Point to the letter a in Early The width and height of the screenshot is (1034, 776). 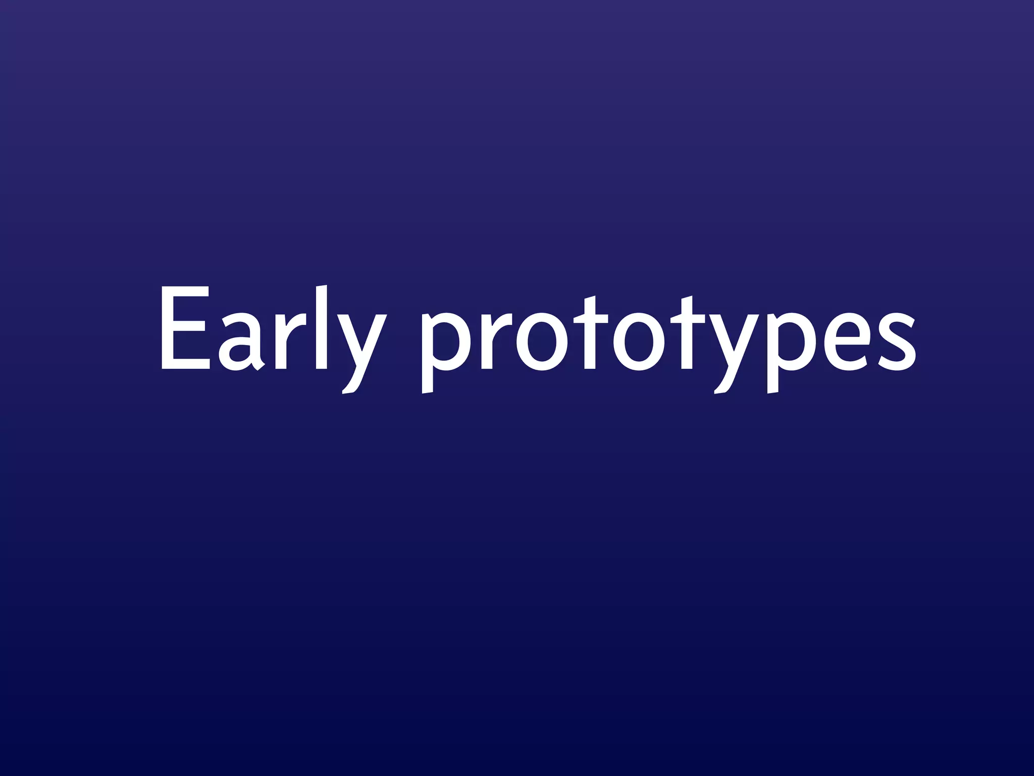(x=241, y=344)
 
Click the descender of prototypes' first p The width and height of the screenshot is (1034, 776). (x=428, y=381)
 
